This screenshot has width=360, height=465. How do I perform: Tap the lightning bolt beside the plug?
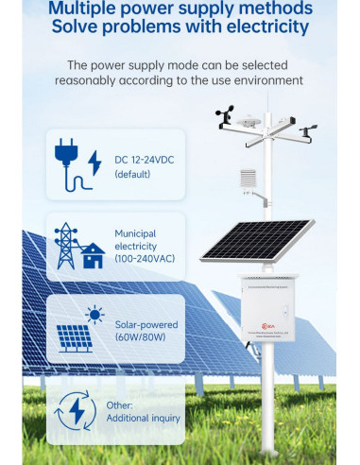94,163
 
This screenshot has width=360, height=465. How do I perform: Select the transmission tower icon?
66,244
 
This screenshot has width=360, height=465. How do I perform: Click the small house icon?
92,255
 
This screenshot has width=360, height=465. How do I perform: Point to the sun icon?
94,315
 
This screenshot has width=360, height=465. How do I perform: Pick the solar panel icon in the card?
74,337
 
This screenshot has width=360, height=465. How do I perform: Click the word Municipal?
135,232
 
